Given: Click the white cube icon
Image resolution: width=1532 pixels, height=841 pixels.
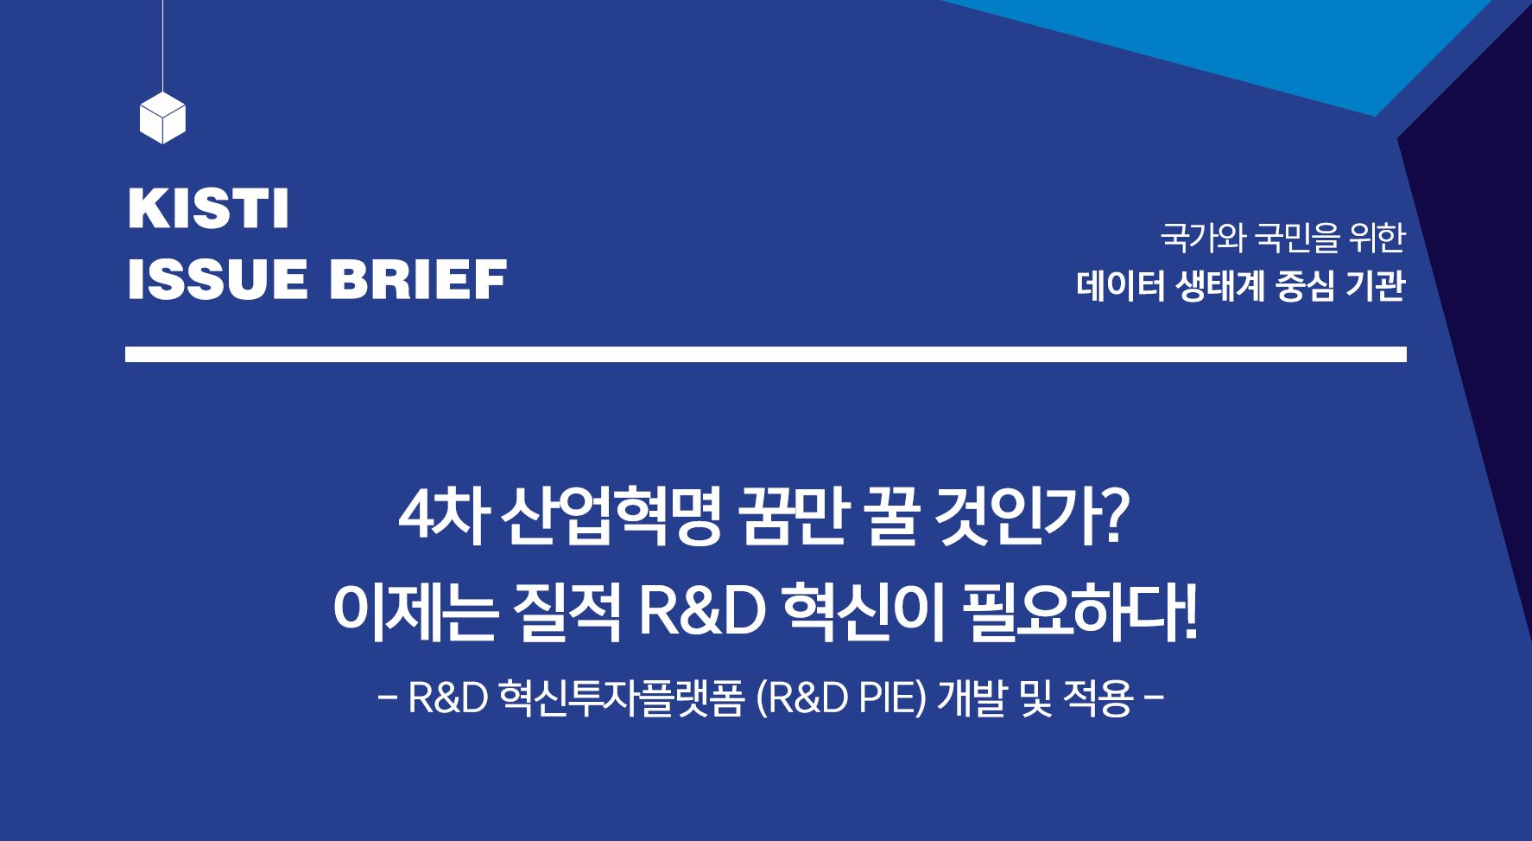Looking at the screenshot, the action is click(162, 118).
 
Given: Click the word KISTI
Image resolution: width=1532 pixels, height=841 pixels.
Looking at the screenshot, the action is click(208, 211).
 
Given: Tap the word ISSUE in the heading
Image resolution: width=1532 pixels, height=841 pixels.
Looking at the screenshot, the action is click(218, 279).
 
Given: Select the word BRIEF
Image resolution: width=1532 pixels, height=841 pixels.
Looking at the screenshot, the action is click(418, 279).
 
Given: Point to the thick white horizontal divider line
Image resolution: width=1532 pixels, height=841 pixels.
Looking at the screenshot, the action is click(765, 354).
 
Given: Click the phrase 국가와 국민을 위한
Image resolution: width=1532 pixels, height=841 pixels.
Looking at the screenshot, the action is click(1282, 238).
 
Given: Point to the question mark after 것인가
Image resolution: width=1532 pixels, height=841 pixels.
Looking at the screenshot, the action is click(1114, 521).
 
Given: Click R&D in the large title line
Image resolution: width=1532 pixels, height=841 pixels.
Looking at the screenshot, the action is click(702, 615).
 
